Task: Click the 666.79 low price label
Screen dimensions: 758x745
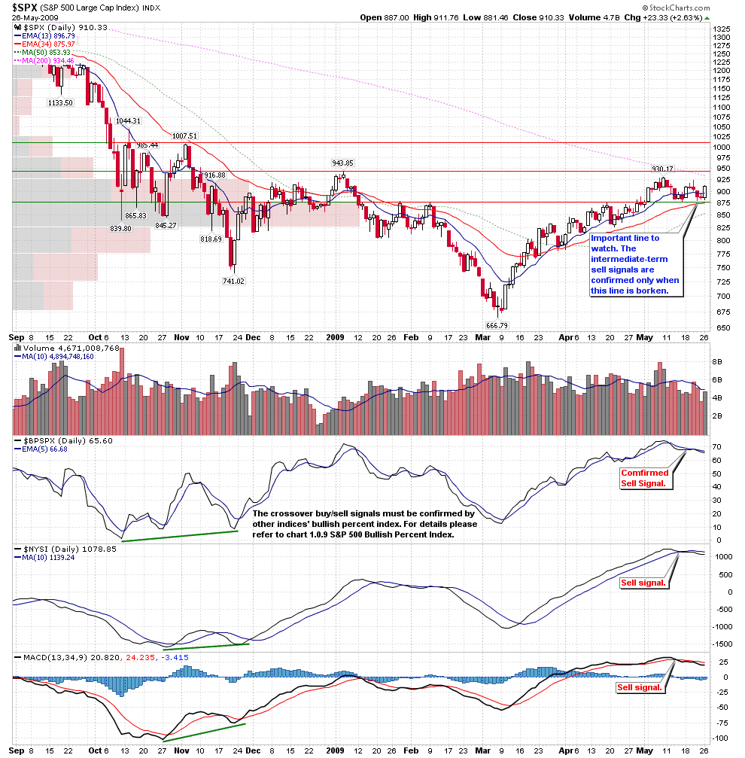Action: [x=497, y=325]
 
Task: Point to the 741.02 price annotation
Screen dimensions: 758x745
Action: [x=233, y=281]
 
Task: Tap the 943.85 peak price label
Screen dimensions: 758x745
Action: [x=343, y=163]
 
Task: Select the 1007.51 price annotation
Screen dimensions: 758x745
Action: [x=184, y=135]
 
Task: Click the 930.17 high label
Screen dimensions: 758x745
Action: [x=662, y=169]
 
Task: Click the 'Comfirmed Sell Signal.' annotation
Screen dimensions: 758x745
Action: [x=644, y=478]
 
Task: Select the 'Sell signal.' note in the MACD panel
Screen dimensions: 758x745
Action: [x=640, y=687]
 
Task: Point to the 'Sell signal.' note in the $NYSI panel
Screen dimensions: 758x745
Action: [x=643, y=583]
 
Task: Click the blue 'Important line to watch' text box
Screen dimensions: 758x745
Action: [x=635, y=264]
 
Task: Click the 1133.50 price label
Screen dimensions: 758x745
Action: [x=60, y=102]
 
